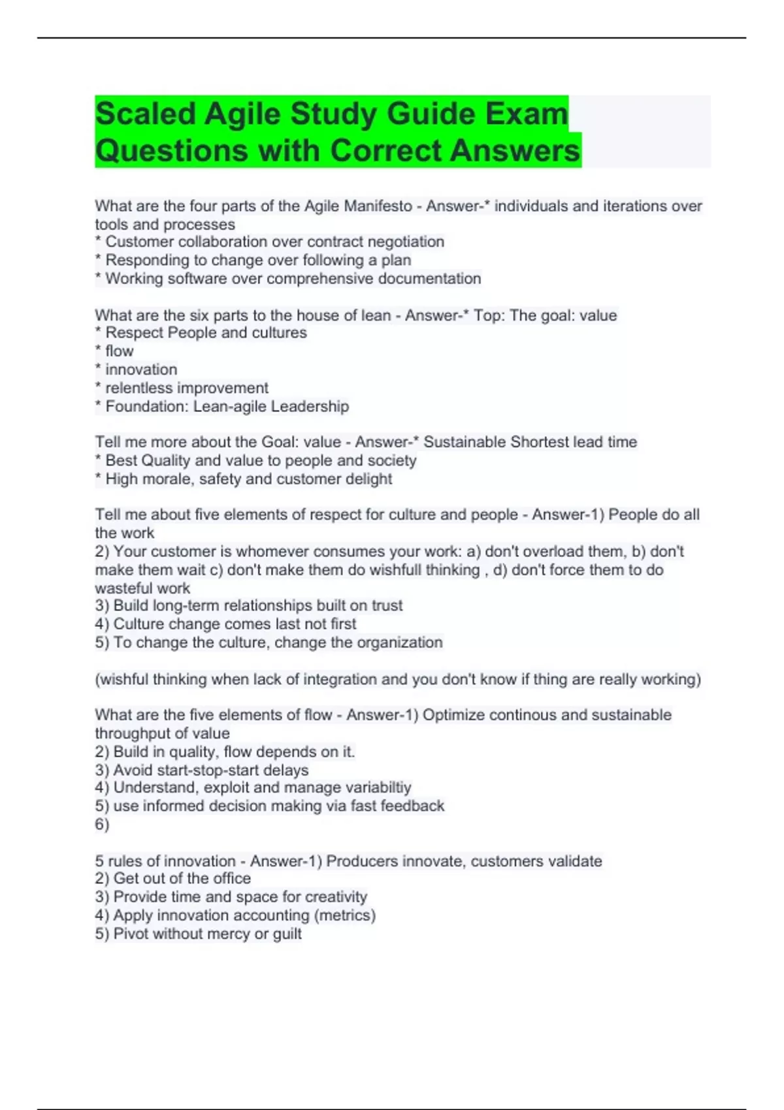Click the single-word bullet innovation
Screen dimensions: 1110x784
(141, 370)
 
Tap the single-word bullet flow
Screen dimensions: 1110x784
(120, 351)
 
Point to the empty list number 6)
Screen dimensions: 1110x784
(102, 824)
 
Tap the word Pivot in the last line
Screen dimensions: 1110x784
(129, 934)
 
